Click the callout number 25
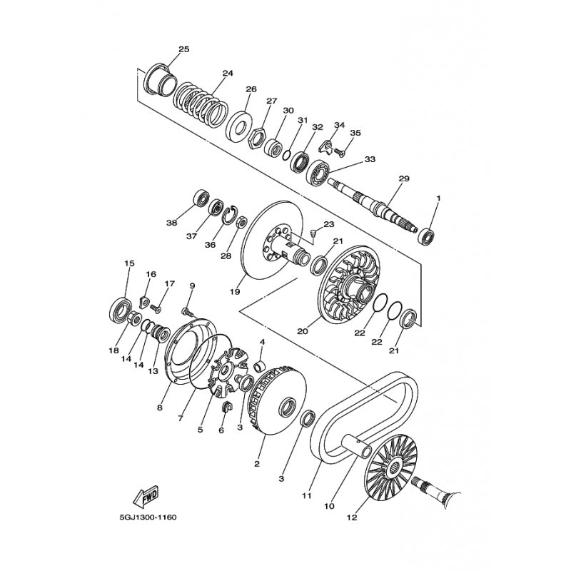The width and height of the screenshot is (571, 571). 183,49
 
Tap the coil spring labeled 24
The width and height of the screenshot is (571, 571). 202,103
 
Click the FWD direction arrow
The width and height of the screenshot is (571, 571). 144,495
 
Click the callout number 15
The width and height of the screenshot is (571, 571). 129,263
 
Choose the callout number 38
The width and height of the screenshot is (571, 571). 171,223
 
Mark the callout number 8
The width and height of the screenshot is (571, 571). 160,408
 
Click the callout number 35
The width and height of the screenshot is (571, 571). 355,133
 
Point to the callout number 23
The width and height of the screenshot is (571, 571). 328,224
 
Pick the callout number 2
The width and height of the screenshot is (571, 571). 257,463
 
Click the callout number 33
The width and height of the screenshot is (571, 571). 370,159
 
